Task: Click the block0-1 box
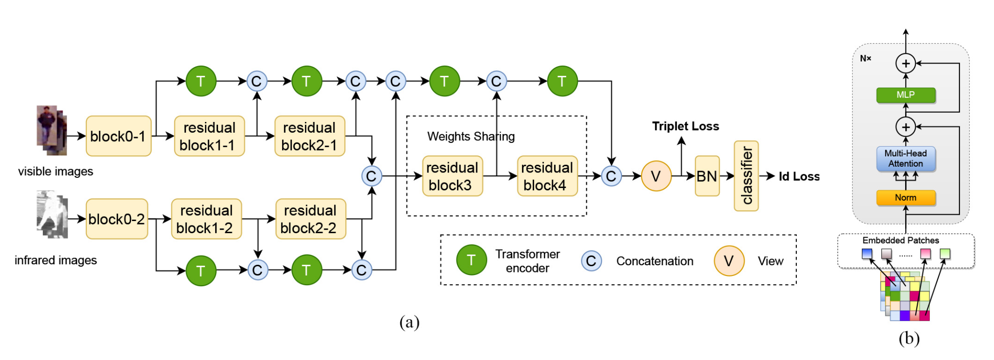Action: coord(118,136)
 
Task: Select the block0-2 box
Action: coord(117,219)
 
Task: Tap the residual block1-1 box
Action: coord(209,136)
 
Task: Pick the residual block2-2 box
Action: coord(310,219)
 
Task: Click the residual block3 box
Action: coord(452,176)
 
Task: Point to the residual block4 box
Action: coord(547,176)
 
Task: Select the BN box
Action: coord(707,176)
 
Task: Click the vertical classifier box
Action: coord(746,176)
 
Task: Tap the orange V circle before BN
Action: coord(656,176)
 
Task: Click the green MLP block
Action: coord(906,95)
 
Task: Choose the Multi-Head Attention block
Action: coord(906,159)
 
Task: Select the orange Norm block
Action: coord(906,198)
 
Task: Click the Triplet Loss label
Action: coord(685,126)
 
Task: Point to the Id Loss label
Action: coord(799,176)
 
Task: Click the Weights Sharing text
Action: coord(471,137)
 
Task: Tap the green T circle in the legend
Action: coord(471,260)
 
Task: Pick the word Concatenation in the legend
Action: coord(655,261)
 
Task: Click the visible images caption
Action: coord(55,171)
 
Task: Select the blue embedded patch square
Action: coord(867,254)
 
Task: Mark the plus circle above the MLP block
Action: coord(906,63)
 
